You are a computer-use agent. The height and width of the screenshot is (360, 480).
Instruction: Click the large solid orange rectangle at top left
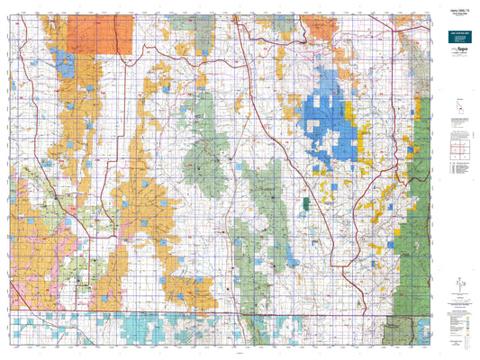click(110, 33)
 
